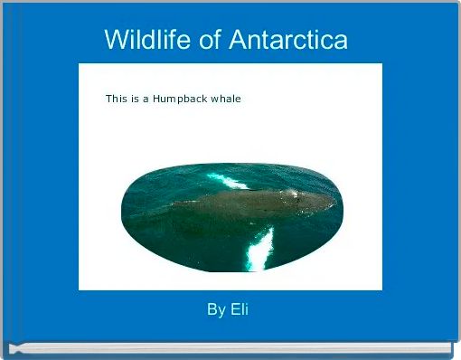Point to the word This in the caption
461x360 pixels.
coord(116,99)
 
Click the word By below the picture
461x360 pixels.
coord(216,310)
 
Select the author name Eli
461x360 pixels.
coord(240,310)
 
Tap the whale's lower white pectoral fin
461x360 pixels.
coord(260,246)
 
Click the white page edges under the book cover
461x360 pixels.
coord(230,346)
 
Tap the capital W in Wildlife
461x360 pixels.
coord(115,40)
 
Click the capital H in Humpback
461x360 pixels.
coord(156,99)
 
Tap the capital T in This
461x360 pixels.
coord(108,99)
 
